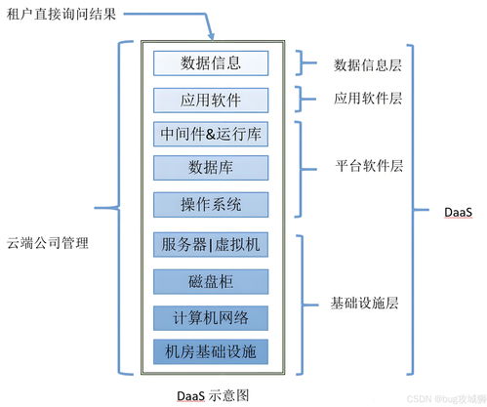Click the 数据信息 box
coord(211,63)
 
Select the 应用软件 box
coord(211,100)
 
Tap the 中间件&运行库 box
coord(211,133)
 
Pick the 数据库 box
coord(211,167)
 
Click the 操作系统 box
coord(211,204)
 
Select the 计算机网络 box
coord(211,316)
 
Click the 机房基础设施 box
coord(211,350)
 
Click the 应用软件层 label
coord(367,99)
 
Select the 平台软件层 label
coord(367,166)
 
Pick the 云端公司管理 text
coord(47,242)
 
